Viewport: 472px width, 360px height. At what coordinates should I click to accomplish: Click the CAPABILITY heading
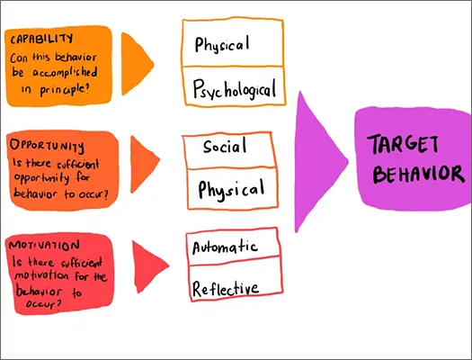[41, 39]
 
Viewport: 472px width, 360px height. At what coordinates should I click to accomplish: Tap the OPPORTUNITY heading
[47, 146]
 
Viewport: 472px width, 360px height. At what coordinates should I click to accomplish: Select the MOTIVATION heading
[44, 245]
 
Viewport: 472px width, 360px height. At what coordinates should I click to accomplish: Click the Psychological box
[234, 86]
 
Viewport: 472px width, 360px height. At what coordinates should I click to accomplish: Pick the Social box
[229, 150]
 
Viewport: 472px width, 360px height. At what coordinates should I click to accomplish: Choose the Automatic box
[233, 247]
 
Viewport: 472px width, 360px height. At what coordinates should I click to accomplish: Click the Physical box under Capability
[233, 43]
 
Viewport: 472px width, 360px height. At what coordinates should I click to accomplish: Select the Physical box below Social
[232, 188]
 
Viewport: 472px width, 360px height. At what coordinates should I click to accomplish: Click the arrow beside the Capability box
[136, 64]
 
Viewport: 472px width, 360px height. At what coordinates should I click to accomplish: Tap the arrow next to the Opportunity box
[143, 164]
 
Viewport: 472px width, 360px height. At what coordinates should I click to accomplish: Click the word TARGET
[403, 144]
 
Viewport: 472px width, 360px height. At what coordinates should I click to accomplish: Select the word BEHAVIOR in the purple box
[419, 174]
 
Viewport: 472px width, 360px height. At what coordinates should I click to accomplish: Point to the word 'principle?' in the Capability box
[64, 89]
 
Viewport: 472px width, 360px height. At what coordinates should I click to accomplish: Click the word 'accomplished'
[65, 73]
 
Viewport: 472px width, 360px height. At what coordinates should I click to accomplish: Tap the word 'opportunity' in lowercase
[41, 178]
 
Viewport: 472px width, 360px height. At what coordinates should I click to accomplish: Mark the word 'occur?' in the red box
[44, 303]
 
